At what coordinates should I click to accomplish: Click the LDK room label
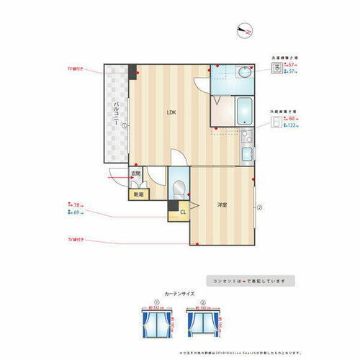click(x=171, y=112)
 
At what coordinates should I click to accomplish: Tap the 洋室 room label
click(x=223, y=206)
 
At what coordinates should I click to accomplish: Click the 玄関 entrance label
click(x=135, y=174)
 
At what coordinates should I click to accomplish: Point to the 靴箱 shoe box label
click(x=137, y=194)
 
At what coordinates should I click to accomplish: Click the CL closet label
click(x=183, y=211)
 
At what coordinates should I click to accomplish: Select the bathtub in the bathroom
click(x=243, y=112)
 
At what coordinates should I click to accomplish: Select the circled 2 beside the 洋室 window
click(x=259, y=209)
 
